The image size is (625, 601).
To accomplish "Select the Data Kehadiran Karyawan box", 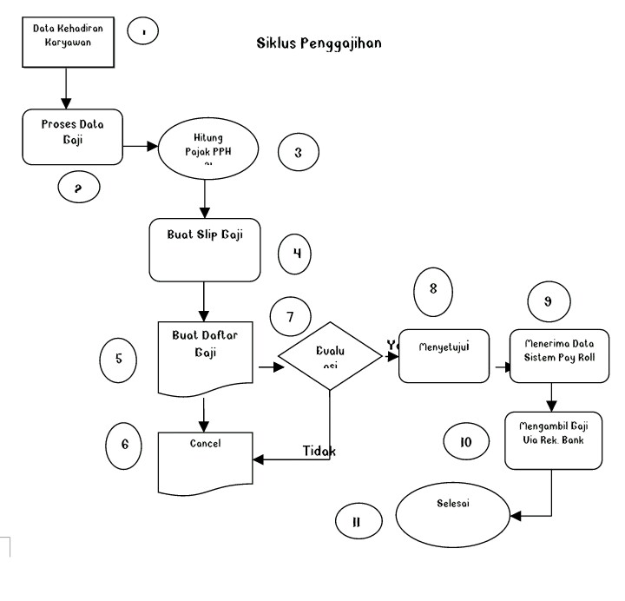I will tap(69, 42).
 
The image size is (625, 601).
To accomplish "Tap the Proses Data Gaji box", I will tap(73, 136).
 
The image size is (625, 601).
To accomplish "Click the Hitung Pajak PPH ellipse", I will tap(203, 148).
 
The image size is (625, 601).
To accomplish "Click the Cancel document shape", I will tap(205, 460).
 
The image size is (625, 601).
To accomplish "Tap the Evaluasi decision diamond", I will tap(331, 356).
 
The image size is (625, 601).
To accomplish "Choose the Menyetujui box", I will tap(444, 355).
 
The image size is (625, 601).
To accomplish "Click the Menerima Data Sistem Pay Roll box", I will tap(556, 354).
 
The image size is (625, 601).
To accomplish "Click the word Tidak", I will tap(319, 452).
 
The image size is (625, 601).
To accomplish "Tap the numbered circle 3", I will tap(298, 153).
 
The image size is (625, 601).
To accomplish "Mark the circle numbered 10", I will tap(465, 441).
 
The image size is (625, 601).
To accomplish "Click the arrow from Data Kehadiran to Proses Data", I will tap(66, 88).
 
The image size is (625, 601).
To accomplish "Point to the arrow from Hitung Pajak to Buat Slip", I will tap(203, 199).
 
